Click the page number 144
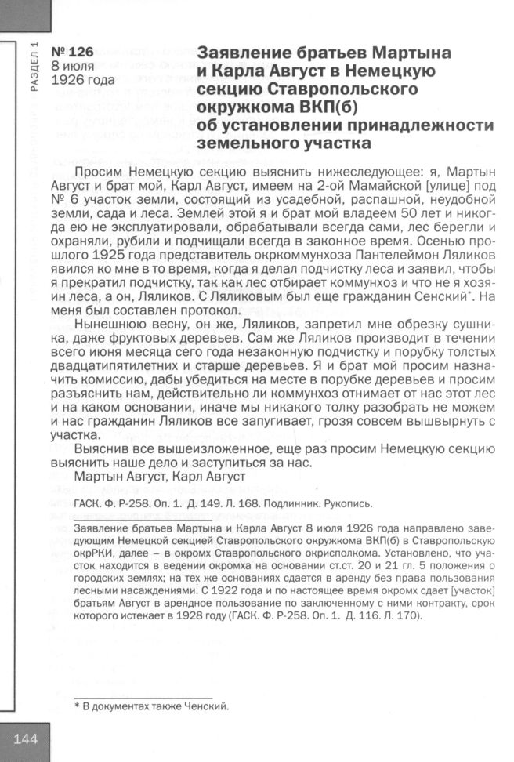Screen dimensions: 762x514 pos(25,739)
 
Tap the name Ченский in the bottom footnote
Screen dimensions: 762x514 pos(201,707)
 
